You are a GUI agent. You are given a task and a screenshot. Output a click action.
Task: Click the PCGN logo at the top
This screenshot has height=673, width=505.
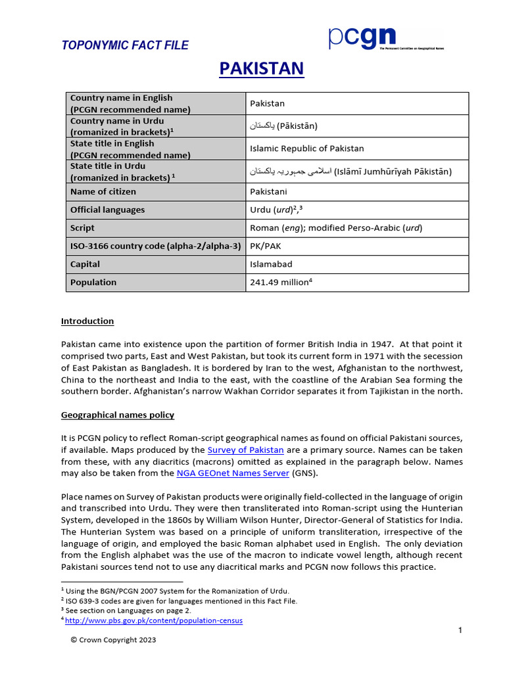(385, 40)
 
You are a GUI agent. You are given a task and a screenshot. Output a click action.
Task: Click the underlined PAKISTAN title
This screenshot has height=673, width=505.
(261, 68)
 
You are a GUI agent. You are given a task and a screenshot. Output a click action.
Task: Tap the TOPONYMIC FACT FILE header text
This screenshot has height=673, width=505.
(125, 45)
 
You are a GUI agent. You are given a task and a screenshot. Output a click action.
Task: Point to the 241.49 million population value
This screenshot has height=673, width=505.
(279, 283)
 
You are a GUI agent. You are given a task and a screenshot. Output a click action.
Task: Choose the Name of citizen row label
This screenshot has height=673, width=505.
(103, 192)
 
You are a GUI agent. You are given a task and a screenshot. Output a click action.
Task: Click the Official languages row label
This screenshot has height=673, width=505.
(107, 210)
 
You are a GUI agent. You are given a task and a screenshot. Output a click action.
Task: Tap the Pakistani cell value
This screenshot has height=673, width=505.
(269, 192)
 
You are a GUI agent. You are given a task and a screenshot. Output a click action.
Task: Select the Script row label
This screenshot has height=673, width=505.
(82, 228)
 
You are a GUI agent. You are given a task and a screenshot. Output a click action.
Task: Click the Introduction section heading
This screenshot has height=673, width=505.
(87, 321)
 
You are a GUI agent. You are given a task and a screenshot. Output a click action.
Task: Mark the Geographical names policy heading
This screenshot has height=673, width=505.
(118, 415)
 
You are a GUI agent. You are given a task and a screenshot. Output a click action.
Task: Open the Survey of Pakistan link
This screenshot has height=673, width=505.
(246, 450)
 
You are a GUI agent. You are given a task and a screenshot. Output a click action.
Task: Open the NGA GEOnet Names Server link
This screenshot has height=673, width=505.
(233, 473)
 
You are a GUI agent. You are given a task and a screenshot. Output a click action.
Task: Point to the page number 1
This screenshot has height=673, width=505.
(460, 631)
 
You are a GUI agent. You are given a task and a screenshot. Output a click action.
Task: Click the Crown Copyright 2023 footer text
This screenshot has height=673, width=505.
(113, 639)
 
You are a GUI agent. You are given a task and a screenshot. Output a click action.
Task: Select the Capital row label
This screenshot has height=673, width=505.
(85, 264)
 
